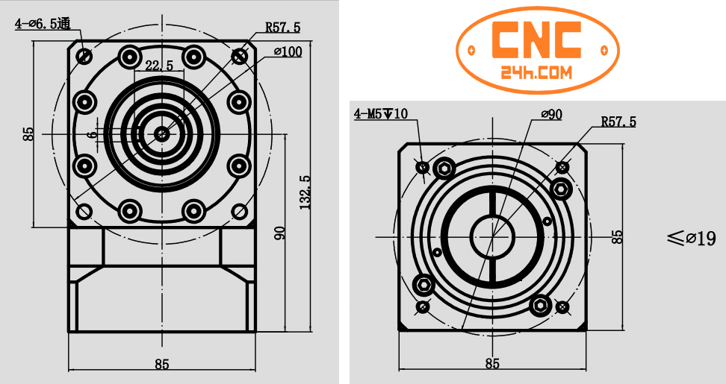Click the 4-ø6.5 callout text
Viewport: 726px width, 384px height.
[43, 23]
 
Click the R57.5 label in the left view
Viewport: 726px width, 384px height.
[282, 28]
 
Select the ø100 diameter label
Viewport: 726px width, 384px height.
[288, 52]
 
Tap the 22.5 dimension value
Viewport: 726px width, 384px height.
[159, 66]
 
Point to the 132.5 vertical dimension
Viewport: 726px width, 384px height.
[305, 192]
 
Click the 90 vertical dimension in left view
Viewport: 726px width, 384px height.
[280, 233]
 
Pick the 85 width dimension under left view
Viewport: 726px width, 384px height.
[162, 364]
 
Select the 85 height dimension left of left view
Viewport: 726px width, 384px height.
[28, 134]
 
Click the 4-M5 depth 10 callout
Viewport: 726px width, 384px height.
[381, 114]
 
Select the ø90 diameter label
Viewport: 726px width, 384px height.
[551, 114]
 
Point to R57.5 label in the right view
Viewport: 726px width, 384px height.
[618, 122]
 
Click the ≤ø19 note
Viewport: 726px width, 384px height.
[691, 239]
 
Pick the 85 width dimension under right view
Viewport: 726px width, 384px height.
[492, 364]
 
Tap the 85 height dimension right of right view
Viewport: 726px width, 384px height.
[617, 237]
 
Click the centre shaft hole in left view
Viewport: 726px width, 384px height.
[162, 134]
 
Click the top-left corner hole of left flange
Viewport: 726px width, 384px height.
[84, 56]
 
